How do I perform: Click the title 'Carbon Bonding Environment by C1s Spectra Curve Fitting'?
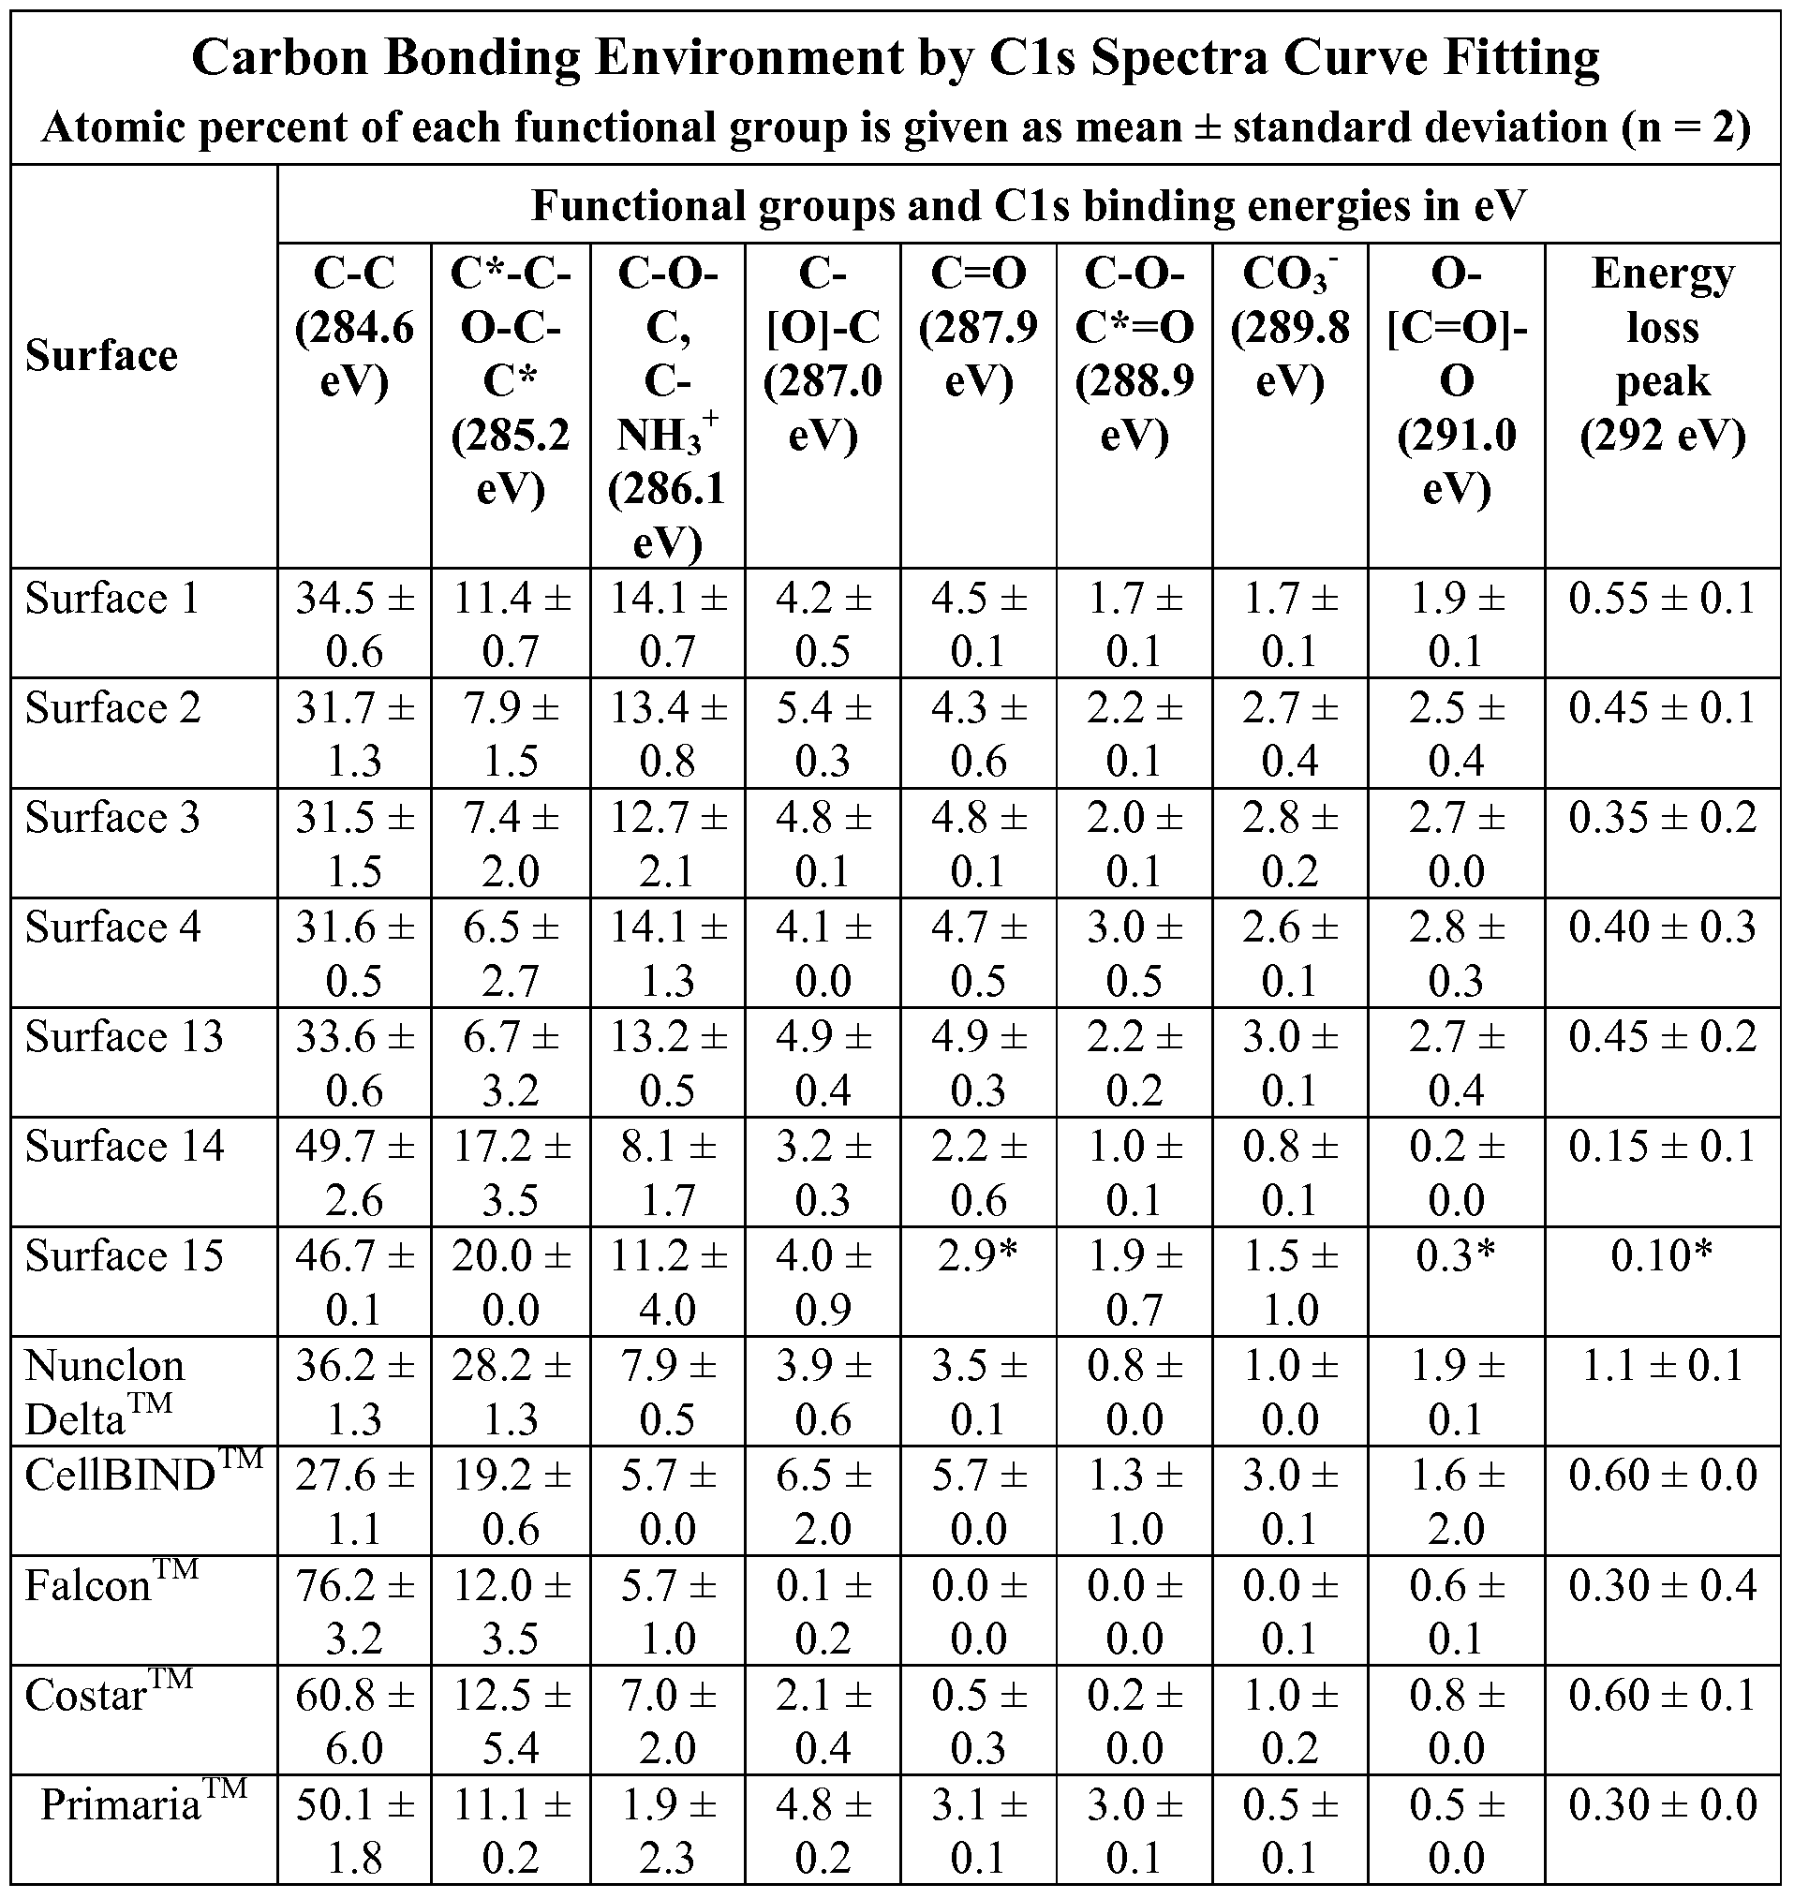tap(895, 57)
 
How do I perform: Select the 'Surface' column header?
tap(101, 356)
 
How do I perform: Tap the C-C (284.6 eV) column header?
tap(354, 327)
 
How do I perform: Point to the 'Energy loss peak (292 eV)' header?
tap(1662, 354)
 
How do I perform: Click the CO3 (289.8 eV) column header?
tap(1289, 327)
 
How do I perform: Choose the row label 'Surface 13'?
tap(125, 1036)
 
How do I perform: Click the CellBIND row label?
tap(143, 1475)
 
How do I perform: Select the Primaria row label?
tap(143, 1803)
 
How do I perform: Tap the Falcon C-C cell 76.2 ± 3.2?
tap(354, 1611)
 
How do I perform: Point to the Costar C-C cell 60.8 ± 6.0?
tap(354, 1721)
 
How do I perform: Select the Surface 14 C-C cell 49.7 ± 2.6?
tap(354, 1172)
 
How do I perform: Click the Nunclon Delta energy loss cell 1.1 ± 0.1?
tap(1662, 1365)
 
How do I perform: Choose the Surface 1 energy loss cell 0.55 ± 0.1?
tap(1662, 600)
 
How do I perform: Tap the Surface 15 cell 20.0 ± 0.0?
tap(511, 1282)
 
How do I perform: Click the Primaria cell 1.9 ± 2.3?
tap(666, 1831)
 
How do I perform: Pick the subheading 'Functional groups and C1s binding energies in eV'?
tap(1028, 204)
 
